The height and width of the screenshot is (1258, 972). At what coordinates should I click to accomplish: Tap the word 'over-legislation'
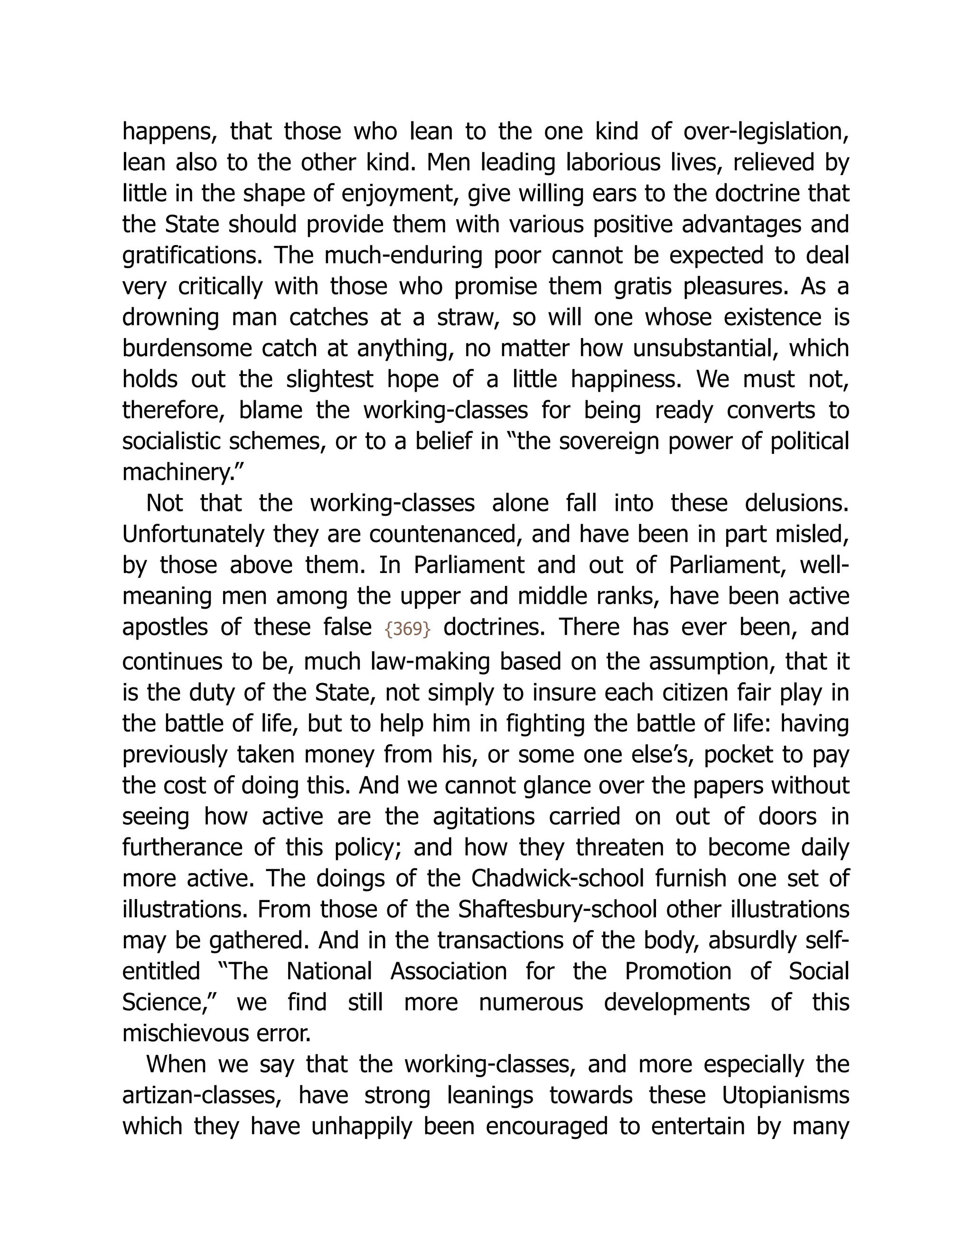(766, 132)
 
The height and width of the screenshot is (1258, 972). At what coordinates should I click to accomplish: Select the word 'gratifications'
(192, 256)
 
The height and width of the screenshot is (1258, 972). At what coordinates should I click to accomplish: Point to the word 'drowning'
(170, 318)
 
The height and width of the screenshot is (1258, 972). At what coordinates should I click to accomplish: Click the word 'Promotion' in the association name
(678, 972)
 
